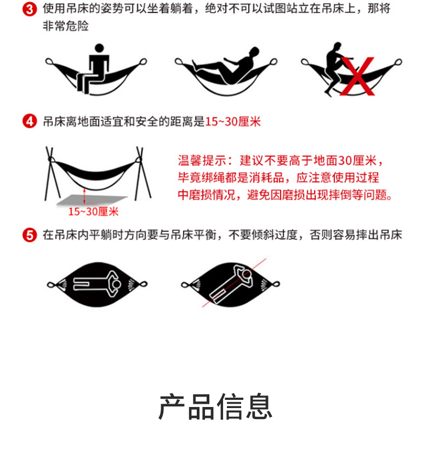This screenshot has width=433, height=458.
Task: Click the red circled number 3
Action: click(30, 9)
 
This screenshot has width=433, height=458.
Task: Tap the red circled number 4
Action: click(30, 122)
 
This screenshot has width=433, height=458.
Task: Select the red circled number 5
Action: click(30, 235)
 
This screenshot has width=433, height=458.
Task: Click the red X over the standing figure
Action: click(357, 76)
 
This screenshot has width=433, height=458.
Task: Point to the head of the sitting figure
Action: click(99, 48)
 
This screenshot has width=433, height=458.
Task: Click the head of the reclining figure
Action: click(254, 52)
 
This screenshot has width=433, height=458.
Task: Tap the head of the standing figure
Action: click(337, 46)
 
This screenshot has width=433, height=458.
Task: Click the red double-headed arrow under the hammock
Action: click(84, 196)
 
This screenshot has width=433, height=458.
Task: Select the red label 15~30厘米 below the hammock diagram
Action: click(93, 212)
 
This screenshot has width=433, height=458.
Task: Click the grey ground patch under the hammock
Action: click(92, 200)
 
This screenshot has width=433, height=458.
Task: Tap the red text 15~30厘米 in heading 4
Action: click(233, 122)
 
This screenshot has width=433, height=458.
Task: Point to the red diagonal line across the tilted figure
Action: click(234, 282)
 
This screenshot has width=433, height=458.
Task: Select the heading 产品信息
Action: click(215, 406)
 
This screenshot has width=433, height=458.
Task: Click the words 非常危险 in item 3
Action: click(66, 26)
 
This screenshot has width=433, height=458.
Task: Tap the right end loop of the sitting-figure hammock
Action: click(143, 61)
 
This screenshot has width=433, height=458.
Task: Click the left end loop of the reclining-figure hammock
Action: click(179, 61)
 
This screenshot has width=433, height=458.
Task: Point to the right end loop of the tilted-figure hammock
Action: click(276, 284)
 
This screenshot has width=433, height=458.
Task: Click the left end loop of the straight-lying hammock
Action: click(51, 285)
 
